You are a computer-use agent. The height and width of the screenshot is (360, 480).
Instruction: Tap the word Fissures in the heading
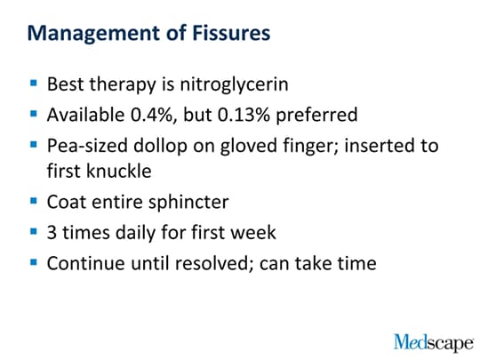231,33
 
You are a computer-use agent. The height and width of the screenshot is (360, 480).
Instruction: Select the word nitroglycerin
234,84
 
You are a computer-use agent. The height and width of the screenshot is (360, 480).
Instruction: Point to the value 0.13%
244,115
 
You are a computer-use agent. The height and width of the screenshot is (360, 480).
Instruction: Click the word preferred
316,116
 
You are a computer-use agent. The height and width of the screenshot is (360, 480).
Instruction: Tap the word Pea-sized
87,146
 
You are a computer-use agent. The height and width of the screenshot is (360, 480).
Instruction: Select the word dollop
160,147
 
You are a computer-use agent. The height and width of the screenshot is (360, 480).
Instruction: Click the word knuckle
119,171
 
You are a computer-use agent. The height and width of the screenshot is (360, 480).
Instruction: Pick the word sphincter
188,203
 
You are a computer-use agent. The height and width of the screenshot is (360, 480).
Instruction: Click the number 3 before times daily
52,233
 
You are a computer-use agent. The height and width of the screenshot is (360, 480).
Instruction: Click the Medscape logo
434,343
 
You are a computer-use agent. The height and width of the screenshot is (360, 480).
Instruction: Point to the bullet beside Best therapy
34,83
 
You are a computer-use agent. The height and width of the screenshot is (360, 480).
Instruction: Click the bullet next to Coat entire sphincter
34,201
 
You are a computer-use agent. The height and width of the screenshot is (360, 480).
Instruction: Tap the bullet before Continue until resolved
34,262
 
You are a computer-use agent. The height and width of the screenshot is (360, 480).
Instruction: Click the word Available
85,115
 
